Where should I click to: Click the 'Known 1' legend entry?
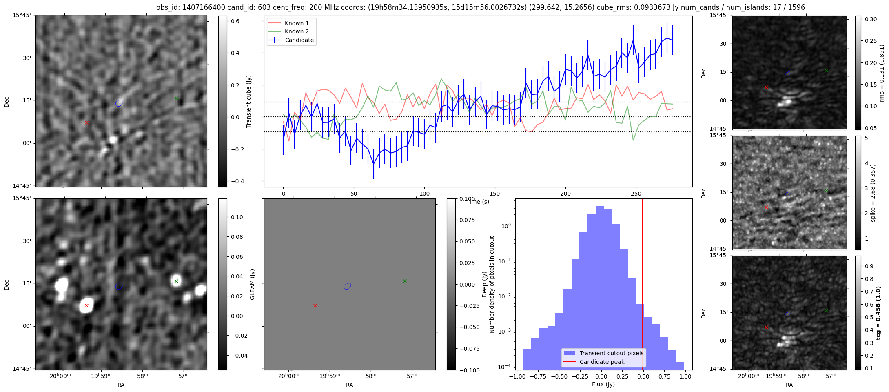pos(297,23)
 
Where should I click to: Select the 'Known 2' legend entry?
pos(297,31)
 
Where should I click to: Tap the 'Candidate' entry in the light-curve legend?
pos(299,40)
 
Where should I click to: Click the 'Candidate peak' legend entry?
pos(602,362)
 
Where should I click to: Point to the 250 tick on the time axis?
pos(636,194)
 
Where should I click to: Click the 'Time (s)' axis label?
pos(478,202)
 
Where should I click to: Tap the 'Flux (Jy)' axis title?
pos(603,384)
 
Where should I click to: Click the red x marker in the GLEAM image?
pos(86,305)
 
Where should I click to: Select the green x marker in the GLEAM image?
pos(176,281)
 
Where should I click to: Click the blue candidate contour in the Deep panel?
pos(347,286)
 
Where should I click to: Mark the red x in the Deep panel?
pos(315,305)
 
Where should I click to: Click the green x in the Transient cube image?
pos(176,98)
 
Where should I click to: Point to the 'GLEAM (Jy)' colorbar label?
pos(253,284)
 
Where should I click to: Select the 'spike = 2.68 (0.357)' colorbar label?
pos(873,193)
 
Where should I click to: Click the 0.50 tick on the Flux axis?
pos(643,376)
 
